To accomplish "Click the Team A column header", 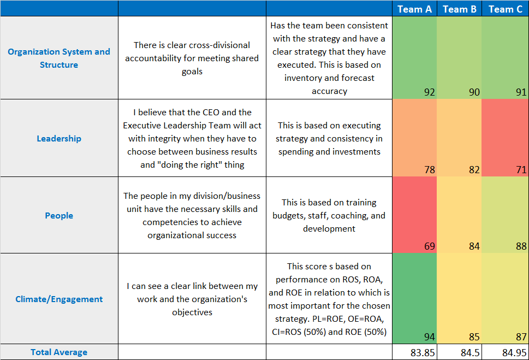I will point(414,9).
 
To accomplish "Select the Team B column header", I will point(460,9).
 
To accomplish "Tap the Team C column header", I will point(505,9).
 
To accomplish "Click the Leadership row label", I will point(59,138).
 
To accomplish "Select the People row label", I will point(59,215).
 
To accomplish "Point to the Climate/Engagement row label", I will point(59,299).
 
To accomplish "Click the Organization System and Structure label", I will point(59,58).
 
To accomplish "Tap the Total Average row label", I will point(59,352).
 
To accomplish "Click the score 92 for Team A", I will point(429,92).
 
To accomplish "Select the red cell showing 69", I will point(429,246).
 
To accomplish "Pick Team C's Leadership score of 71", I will point(521,170).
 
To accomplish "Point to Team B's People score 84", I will point(474,246).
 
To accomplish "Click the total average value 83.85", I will point(423,352).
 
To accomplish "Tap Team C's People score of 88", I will point(521,246).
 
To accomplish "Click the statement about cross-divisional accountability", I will point(192,58).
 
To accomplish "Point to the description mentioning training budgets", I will point(329,215).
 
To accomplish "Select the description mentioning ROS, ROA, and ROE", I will point(329,299).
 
